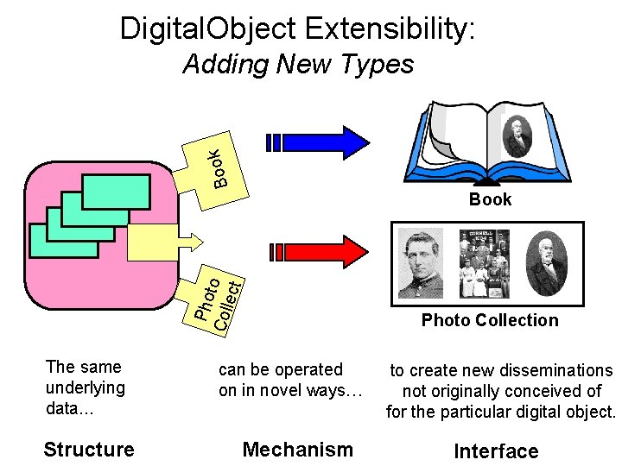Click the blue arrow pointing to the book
point(320,142)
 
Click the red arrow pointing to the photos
point(320,251)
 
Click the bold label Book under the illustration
point(490,199)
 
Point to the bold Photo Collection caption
point(490,320)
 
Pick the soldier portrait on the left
point(421,262)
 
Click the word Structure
point(89,449)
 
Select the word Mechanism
point(298,449)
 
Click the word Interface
point(496,451)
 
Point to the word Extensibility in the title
point(389,29)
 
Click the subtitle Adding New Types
point(298,65)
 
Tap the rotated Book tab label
point(219,167)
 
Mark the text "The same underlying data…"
point(85,387)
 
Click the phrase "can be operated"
point(281,369)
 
